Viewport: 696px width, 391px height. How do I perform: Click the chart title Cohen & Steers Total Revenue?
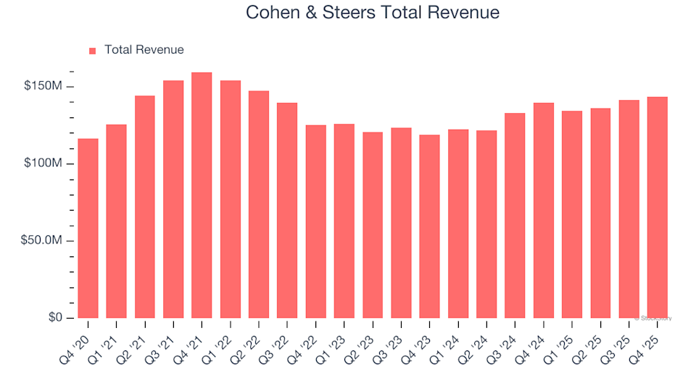373,13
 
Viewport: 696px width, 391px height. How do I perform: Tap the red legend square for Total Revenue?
92,51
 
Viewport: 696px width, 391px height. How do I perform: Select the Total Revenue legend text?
144,50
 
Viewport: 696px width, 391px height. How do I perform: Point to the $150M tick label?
47,86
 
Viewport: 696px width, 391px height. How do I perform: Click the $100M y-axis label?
47,164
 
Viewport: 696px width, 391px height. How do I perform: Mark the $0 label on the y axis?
57,318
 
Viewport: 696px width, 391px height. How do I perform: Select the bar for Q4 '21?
202,195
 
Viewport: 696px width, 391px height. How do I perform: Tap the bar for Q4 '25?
657,208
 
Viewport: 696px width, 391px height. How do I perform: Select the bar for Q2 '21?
145,207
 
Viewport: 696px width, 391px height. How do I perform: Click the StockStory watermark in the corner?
652,318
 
